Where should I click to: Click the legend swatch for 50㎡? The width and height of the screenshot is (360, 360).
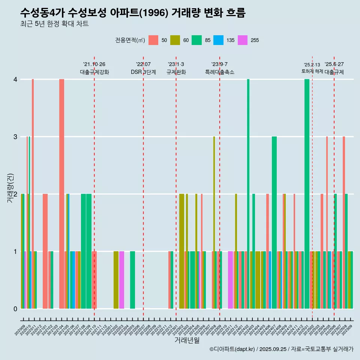click(153, 40)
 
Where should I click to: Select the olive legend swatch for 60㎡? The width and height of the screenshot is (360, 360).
click(175, 40)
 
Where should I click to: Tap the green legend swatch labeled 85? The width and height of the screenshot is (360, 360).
click(197, 40)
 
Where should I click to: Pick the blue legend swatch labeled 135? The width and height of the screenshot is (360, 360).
click(219, 40)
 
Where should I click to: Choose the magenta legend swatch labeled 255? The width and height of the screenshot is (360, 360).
click(243, 40)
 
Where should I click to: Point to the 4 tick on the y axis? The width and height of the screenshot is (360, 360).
click(15, 79)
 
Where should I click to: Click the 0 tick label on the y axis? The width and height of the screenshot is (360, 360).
click(15, 309)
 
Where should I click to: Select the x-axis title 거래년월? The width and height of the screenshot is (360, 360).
click(187, 340)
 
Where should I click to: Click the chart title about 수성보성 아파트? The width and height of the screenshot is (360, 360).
click(133, 13)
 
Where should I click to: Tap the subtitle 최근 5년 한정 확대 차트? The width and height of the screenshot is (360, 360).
click(54, 24)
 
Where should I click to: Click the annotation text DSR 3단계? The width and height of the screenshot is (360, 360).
click(143, 72)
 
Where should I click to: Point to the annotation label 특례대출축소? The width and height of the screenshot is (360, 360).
click(220, 72)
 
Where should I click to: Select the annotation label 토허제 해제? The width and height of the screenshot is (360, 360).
click(312, 71)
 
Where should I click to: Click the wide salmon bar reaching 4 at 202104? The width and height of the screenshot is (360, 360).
click(61, 194)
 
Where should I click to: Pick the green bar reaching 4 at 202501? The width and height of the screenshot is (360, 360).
click(307, 194)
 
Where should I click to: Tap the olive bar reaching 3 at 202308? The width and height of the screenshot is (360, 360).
click(214, 222)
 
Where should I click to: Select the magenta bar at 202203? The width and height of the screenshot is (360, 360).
click(121, 280)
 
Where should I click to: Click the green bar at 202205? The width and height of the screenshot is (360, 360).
click(132, 280)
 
